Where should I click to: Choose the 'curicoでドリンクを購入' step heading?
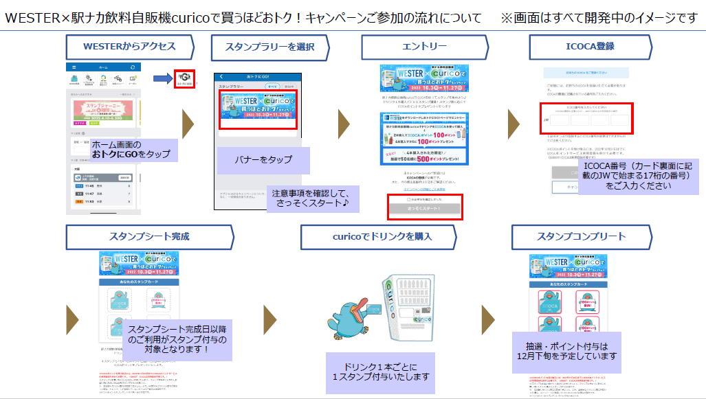point(377,236)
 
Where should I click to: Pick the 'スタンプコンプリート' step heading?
point(580,236)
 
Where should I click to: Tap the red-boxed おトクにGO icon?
point(184,80)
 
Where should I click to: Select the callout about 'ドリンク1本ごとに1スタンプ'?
point(380,372)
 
